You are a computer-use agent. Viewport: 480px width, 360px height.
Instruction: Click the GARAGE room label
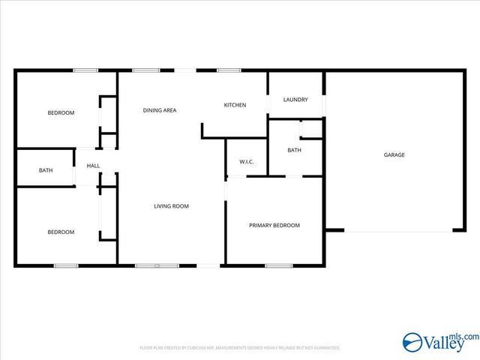(394, 155)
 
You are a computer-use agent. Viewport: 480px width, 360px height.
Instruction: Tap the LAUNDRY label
(295, 100)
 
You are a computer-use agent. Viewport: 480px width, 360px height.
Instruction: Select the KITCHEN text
(235, 105)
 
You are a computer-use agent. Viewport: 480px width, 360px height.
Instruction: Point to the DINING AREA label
(160, 110)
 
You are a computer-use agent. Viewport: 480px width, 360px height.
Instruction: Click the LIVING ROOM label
(171, 205)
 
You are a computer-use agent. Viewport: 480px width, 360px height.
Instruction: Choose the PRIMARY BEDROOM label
(274, 225)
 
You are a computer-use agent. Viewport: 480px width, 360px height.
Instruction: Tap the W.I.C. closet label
(247, 162)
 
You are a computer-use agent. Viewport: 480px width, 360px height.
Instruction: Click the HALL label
(93, 166)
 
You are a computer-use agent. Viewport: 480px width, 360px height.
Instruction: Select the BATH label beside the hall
(46, 170)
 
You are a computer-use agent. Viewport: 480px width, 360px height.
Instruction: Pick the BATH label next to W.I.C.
(295, 150)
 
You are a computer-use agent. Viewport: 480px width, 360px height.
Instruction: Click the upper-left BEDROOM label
(61, 112)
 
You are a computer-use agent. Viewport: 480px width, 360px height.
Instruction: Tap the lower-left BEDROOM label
(61, 232)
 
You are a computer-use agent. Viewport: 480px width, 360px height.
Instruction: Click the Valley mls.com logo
(440, 342)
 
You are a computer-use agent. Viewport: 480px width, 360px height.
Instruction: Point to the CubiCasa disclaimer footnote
(240, 348)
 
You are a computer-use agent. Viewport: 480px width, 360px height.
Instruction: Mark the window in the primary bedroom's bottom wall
(279, 265)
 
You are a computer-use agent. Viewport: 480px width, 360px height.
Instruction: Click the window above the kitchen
(228, 71)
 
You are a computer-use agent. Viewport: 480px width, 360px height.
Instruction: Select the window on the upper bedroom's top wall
(85, 71)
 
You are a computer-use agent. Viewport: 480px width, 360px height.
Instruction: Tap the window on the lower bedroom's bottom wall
(65, 265)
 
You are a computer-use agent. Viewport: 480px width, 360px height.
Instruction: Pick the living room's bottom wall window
(157, 265)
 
